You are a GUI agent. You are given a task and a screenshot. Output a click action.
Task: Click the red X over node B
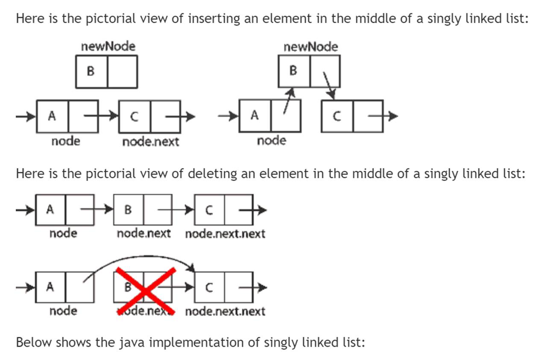[146, 291]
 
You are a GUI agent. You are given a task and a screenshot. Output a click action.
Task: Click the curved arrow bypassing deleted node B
[141, 260]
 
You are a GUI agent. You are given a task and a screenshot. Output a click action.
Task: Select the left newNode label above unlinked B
[108, 46]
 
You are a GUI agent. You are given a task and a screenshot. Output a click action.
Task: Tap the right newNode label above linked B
[310, 47]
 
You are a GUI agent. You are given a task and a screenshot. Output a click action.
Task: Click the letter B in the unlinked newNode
[90, 71]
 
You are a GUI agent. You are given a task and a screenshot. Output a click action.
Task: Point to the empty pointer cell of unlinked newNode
[122, 71]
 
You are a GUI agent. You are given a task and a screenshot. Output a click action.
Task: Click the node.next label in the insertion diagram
[150, 142]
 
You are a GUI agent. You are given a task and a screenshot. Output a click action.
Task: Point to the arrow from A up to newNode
[288, 102]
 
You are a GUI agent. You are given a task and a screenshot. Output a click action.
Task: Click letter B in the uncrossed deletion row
[128, 210]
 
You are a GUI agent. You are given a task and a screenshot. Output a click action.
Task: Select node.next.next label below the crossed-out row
[225, 311]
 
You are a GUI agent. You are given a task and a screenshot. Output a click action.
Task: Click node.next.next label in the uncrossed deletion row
[225, 234]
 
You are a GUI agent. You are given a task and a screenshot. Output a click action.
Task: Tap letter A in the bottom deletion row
[50, 287]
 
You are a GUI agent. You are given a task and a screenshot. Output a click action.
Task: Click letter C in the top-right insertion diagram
[337, 116]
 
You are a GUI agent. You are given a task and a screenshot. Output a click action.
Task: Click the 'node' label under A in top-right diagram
[271, 140]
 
